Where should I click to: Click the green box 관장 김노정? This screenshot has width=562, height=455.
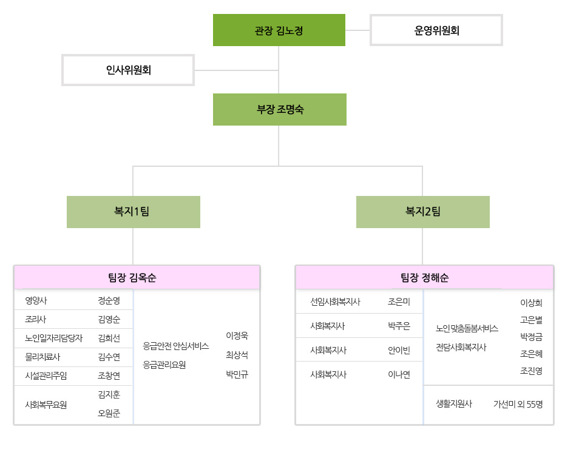[279, 30]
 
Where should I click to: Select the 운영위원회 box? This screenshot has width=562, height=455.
[436, 30]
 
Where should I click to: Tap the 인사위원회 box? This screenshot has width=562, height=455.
[128, 70]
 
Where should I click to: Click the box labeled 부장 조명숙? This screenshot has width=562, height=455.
[280, 109]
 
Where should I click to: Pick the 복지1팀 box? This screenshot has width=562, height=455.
[134, 212]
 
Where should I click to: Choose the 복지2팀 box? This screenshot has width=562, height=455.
[423, 212]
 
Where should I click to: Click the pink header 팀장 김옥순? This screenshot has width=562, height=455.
[137, 277]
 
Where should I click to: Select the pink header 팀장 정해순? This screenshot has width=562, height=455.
[425, 277]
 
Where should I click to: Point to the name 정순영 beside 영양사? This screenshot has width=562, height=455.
[109, 300]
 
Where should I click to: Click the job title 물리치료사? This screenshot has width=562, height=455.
[42, 357]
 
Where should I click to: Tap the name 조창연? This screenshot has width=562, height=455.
[109, 376]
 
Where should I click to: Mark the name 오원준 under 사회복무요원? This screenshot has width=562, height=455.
[109, 413]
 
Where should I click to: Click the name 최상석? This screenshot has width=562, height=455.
[237, 355]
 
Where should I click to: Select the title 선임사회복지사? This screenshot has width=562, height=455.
[335, 302]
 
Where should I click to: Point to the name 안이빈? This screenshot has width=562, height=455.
[399, 351]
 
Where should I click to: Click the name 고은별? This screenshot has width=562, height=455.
[531, 320]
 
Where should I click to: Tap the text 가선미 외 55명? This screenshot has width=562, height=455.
[518, 405]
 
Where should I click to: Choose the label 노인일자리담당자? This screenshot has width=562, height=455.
[54, 338]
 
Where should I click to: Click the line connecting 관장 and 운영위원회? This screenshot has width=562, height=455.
[357, 30]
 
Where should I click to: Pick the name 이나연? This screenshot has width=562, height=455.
[399, 375]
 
